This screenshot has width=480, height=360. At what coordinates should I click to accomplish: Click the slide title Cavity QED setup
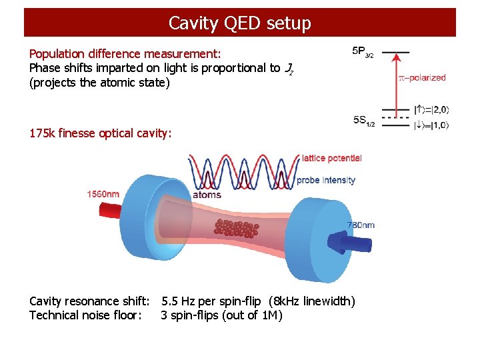click(x=239, y=23)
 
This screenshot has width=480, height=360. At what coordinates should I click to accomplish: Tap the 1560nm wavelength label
click(x=104, y=194)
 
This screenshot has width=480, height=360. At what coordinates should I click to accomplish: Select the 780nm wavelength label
click(x=361, y=225)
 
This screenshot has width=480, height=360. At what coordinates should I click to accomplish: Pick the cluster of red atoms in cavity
click(x=237, y=228)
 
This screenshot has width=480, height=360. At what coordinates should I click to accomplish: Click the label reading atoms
click(x=207, y=195)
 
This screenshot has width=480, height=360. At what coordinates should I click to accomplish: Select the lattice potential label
click(x=331, y=158)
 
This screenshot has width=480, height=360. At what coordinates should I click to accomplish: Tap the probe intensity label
click(x=326, y=180)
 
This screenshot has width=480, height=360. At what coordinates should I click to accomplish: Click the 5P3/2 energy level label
click(x=363, y=52)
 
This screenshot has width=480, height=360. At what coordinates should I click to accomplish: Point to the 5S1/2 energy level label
click(x=363, y=120)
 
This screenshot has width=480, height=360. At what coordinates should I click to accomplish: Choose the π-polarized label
click(x=422, y=77)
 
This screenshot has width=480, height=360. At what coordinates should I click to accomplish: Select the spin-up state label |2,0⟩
click(x=431, y=109)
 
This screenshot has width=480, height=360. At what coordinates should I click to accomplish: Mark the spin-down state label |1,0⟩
click(x=431, y=125)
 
